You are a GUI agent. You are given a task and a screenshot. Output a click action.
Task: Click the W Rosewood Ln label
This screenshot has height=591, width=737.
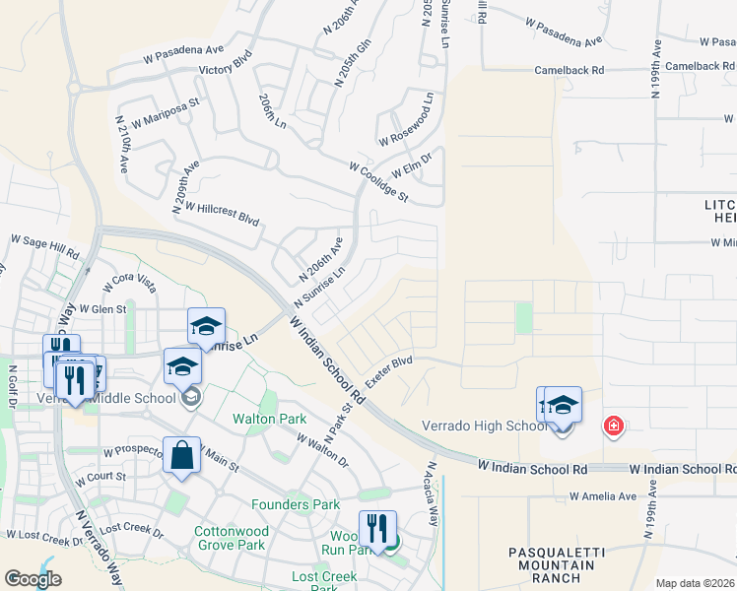406,121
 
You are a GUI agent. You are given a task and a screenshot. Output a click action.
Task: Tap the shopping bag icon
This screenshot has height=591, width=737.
181,456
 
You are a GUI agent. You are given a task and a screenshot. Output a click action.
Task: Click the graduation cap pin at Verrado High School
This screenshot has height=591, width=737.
563,406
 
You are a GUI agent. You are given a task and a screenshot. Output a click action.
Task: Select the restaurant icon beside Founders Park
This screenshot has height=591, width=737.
377,530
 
